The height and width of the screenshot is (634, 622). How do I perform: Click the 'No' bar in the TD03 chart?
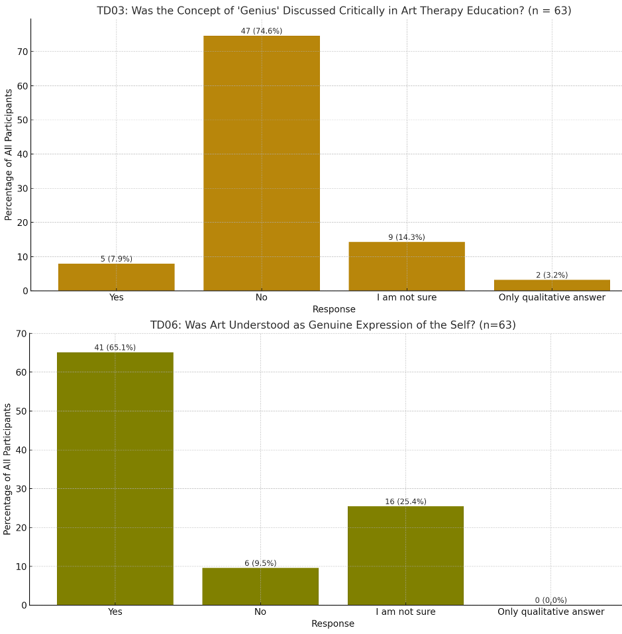coord(261,163)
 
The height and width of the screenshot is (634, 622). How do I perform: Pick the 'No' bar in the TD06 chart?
coord(260,586)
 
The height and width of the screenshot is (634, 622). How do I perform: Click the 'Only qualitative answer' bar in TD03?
coord(552,286)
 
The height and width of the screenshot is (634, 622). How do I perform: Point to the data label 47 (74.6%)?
coord(261,31)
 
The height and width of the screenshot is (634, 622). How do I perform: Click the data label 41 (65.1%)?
coord(115,348)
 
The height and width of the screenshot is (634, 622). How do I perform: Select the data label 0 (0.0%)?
coord(551,600)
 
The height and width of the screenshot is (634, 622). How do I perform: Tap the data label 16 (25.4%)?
coord(405,502)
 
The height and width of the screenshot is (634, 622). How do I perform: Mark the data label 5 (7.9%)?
coord(117,259)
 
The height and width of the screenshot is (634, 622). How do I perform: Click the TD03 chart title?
coord(334,11)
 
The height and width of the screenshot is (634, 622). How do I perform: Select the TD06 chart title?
coord(333,325)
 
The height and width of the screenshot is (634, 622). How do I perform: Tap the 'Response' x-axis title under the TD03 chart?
coord(334,309)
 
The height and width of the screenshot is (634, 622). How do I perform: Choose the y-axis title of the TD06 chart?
coord(8,468)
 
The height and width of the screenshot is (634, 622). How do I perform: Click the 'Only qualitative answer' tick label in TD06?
coord(551,612)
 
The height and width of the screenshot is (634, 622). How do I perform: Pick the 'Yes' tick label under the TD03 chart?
coord(117,297)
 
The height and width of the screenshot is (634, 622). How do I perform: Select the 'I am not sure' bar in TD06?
coord(405,555)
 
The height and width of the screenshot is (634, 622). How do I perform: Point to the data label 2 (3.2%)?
coord(552,275)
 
